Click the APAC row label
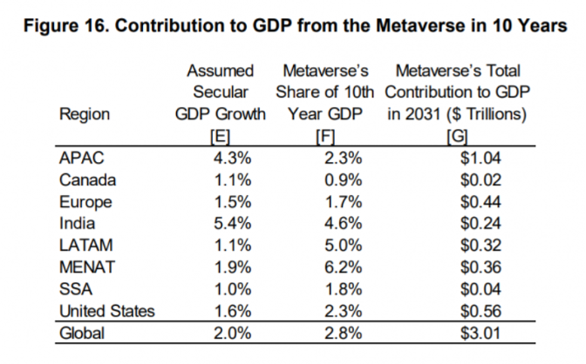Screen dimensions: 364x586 tap(82, 158)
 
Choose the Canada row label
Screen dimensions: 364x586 tap(87, 180)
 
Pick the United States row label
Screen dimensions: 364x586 tap(107, 311)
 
